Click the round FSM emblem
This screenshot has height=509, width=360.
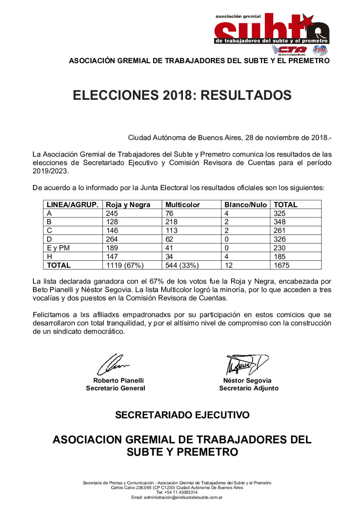point(320,50)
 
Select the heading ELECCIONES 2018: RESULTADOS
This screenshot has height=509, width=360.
point(182,95)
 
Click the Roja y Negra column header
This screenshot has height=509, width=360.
point(128,205)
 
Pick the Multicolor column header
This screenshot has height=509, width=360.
point(183,205)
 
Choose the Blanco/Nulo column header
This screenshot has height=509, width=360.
point(245,205)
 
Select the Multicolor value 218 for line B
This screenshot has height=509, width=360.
point(172,222)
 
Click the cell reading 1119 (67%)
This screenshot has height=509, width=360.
point(124,265)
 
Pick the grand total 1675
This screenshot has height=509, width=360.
point(281,265)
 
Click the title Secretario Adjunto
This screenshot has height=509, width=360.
point(249,388)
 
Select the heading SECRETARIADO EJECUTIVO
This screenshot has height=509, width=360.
point(182,415)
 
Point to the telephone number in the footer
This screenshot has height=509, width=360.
point(180,492)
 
